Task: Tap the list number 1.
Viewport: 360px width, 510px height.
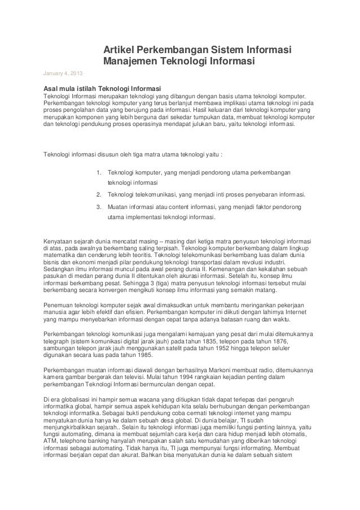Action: [99, 172]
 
